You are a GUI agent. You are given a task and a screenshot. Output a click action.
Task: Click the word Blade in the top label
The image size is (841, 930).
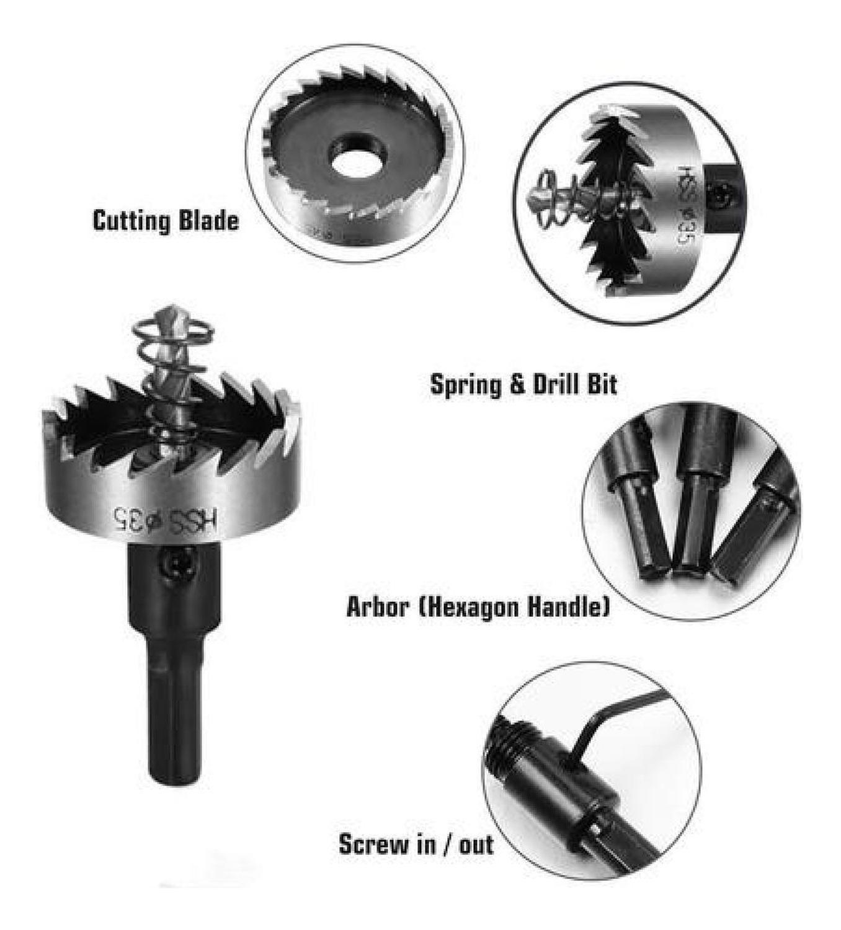pyautogui.click(x=208, y=221)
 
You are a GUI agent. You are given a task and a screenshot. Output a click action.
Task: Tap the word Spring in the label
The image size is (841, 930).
pyautogui.click(x=466, y=384)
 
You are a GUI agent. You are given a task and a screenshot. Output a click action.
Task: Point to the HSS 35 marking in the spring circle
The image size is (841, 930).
pyautogui.click(x=687, y=201)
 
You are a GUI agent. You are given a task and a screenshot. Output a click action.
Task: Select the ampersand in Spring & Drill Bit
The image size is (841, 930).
pyautogui.click(x=517, y=385)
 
